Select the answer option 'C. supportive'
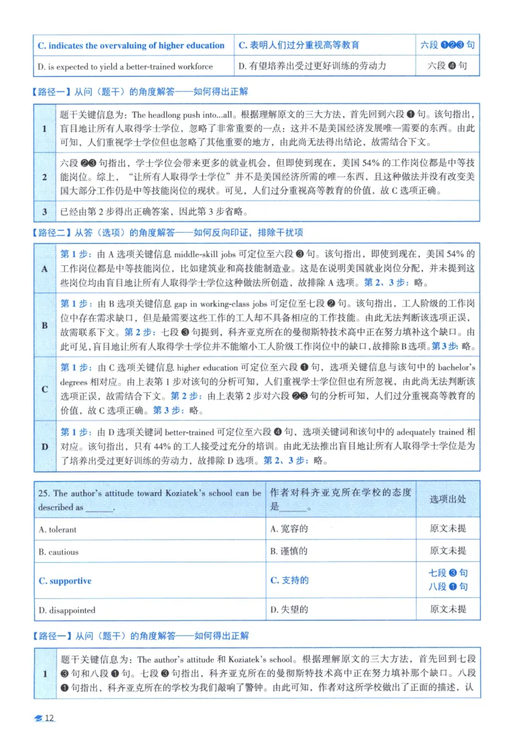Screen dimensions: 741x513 pyautogui.click(x=65, y=581)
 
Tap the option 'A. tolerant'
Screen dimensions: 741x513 pyautogui.click(x=58, y=529)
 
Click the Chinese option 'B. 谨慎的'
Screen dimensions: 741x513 pyautogui.click(x=289, y=551)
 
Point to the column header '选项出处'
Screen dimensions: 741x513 pyautogui.click(x=448, y=499)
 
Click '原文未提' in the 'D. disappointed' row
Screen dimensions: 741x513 pyautogui.click(x=448, y=610)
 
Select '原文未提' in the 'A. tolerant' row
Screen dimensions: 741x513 pyautogui.click(x=448, y=529)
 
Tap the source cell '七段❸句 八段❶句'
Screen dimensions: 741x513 pyautogui.click(x=448, y=579)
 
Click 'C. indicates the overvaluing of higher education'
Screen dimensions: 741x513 pyautogui.click(x=131, y=46)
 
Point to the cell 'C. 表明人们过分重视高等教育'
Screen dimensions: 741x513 pyautogui.click(x=299, y=46)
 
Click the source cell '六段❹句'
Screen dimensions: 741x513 pyautogui.click(x=448, y=66)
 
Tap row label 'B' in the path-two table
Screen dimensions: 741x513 pyautogui.click(x=45, y=325)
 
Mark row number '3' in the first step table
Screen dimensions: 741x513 pyautogui.click(x=44, y=212)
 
